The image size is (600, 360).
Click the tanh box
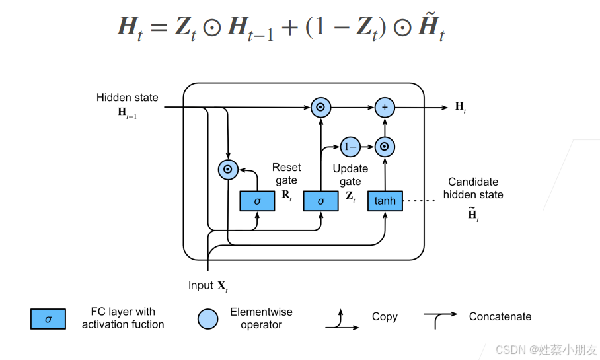click(385, 200)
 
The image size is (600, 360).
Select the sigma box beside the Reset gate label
click(257, 200)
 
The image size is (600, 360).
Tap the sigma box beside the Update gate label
click(320, 200)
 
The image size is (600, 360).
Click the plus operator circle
click(384, 107)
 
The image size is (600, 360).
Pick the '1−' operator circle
click(350, 146)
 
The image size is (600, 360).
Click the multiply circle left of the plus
click(320, 107)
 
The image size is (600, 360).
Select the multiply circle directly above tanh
click(384, 146)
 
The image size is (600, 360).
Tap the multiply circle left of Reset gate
click(227, 170)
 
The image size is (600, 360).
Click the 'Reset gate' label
click(286, 174)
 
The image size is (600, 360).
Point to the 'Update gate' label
click(350, 175)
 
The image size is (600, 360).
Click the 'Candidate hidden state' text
click(473, 188)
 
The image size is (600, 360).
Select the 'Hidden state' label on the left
click(128, 98)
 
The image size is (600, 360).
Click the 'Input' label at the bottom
click(201, 285)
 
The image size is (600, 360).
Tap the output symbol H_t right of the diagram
click(461, 107)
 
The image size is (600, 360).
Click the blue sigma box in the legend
click(48, 319)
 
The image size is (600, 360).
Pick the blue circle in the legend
click(207, 319)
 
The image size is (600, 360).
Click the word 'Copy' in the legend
click(385, 316)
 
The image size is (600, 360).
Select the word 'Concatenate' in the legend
click(500, 316)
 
